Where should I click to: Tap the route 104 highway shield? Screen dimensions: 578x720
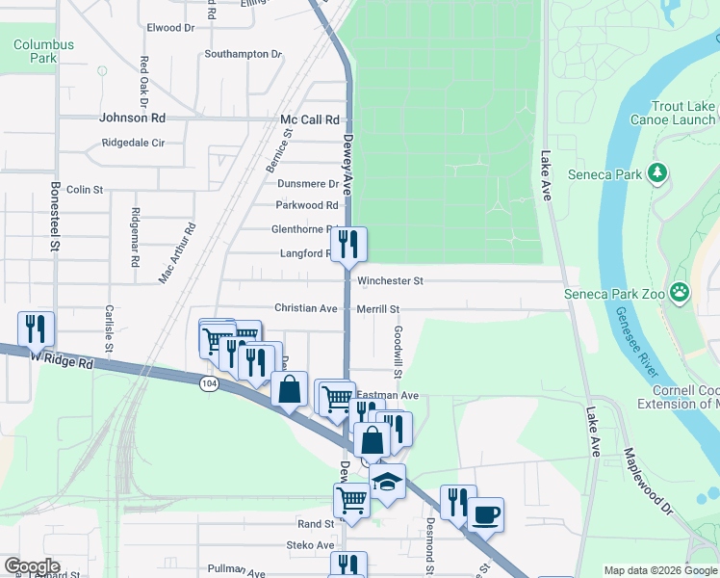click(x=208, y=383)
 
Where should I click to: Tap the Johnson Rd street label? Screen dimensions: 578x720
click(x=133, y=118)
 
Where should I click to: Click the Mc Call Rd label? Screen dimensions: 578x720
click(x=310, y=120)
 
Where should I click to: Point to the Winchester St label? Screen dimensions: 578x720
click(x=390, y=281)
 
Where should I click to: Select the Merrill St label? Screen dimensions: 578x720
click(x=377, y=309)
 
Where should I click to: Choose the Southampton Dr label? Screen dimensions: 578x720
click(x=243, y=54)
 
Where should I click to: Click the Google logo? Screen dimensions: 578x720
click(x=32, y=566)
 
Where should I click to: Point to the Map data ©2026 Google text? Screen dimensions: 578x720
click(x=660, y=570)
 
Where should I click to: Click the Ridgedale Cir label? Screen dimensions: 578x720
click(x=134, y=143)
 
